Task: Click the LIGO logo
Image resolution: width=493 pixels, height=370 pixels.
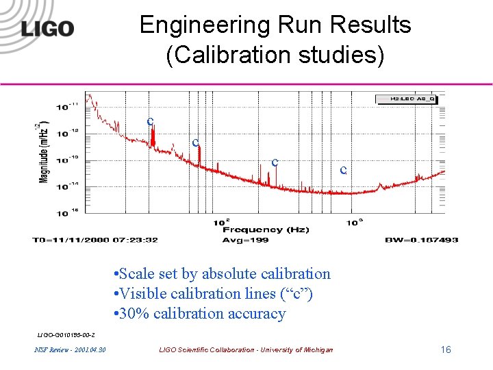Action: [x=47, y=28]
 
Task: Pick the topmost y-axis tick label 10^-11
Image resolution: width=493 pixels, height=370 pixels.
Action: [x=62, y=107]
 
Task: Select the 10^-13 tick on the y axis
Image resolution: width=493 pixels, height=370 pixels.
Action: [x=62, y=160]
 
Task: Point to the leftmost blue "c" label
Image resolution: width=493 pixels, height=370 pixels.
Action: [x=149, y=121]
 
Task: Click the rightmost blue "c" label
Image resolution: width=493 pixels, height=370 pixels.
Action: [x=344, y=169]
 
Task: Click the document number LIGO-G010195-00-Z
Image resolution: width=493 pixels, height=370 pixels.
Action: [x=66, y=334]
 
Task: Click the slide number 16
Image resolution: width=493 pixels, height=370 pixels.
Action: [x=446, y=350]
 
